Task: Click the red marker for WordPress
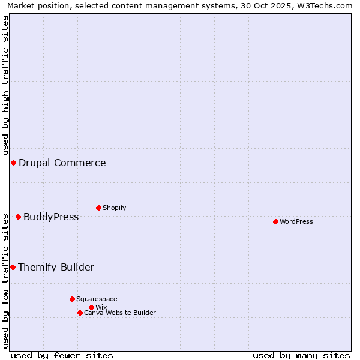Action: (x=275, y=221)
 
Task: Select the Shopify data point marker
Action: (x=98, y=208)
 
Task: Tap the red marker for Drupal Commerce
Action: (x=13, y=163)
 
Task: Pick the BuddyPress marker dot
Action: (x=18, y=217)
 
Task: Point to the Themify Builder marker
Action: (x=13, y=267)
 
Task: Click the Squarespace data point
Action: (x=72, y=299)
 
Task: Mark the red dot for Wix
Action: (x=91, y=307)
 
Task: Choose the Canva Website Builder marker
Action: (x=80, y=313)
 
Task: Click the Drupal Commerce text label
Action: (x=62, y=163)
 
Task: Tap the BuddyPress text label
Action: (x=51, y=217)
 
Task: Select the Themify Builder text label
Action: (x=56, y=267)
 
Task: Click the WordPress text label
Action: (x=296, y=221)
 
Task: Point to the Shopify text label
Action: (x=115, y=208)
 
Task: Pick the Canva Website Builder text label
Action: (x=120, y=313)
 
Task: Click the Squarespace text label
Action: (x=97, y=299)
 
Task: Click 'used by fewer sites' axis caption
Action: (x=62, y=355)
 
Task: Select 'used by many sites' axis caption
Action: (x=301, y=355)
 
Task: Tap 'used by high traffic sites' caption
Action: (x=5, y=85)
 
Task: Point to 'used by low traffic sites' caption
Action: (x=5, y=281)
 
